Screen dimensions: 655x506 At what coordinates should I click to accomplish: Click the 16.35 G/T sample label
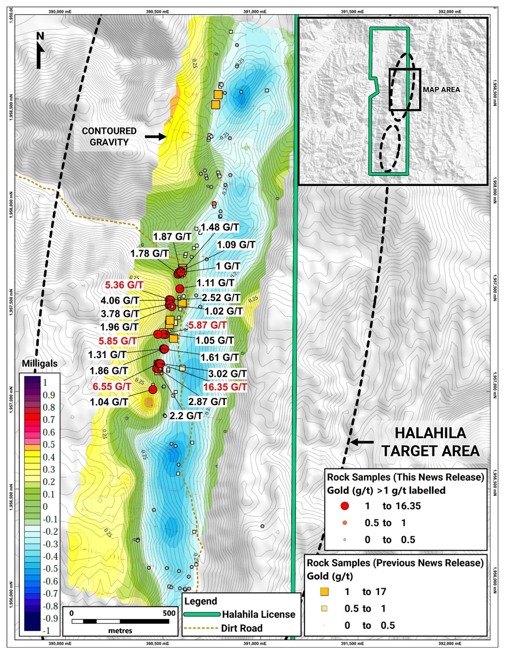click(x=225, y=387)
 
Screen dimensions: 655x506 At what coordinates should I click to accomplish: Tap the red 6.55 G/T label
click(x=112, y=386)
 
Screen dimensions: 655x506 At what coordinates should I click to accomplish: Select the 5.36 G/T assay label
click(x=124, y=285)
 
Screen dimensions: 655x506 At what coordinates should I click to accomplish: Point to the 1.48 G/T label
click(x=219, y=227)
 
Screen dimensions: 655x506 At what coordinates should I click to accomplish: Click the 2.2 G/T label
click(x=186, y=416)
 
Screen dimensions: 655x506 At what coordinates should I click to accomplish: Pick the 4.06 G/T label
click(x=120, y=301)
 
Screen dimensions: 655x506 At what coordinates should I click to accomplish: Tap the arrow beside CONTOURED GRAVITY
click(x=155, y=137)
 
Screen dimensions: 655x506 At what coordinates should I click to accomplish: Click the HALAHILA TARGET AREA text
click(x=430, y=442)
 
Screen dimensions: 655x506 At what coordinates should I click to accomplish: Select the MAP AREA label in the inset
click(x=441, y=90)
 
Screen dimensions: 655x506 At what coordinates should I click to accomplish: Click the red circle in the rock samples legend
click(x=345, y=506)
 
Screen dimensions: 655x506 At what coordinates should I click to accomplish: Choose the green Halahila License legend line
click(x=201, y=615)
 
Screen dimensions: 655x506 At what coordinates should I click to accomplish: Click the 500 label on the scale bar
click(x=169, y=613)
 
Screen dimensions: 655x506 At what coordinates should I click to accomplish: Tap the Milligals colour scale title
click(x=40, y=363)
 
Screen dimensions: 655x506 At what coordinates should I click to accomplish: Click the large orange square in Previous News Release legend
click(x=325, y=592)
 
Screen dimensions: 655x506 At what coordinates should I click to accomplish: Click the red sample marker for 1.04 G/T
click(x=153, y=390)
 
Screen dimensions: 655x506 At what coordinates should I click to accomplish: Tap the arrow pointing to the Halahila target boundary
click(x=362, y=442)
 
